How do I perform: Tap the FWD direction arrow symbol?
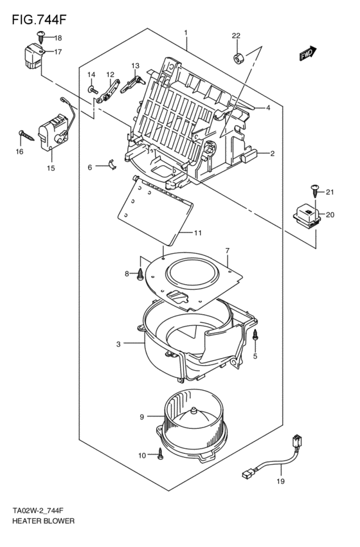pos(307,55)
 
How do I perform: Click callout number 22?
pos(236,35)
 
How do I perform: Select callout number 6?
pos(90,167)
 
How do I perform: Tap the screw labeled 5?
pos(255,335)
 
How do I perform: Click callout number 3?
pos(118,345)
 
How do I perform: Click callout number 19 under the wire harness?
pos(280,481)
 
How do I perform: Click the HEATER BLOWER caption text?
pos(43,519)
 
